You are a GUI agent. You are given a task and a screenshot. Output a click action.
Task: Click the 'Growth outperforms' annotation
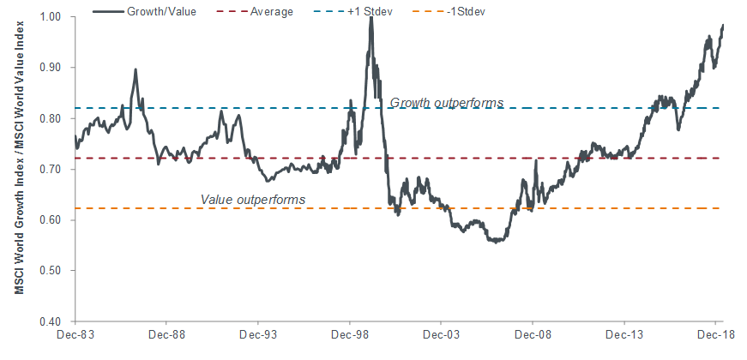tap(447, 103)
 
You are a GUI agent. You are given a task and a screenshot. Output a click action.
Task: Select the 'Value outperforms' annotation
tap(253, 200)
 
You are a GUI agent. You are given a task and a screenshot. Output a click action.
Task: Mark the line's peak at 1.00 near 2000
tap(370, 17)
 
